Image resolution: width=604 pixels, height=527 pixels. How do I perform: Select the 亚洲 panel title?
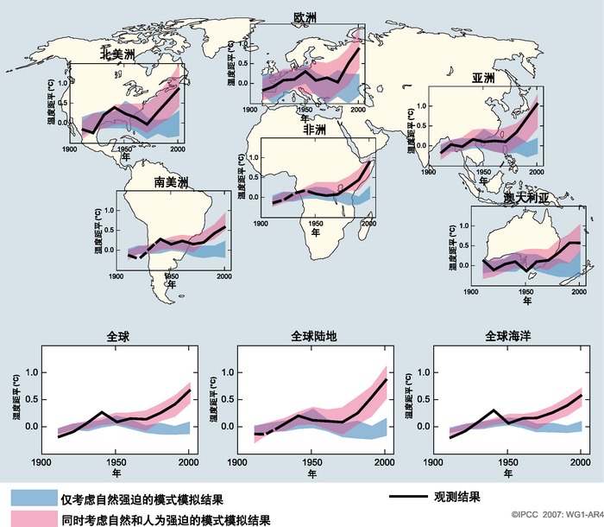(x=483, y=78)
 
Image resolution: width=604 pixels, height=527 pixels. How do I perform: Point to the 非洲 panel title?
(x=314, y=130)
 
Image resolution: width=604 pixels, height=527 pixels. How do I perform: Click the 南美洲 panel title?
(x=170, y=182)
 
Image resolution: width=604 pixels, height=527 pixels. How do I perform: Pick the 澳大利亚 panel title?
(x=526, y=199)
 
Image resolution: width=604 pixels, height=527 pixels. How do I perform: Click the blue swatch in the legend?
(x=33, y=498)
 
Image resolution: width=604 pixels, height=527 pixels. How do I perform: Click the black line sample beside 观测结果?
(x=408, y=498)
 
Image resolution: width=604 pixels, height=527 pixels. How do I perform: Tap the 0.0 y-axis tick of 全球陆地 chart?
(x=228, y=427)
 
